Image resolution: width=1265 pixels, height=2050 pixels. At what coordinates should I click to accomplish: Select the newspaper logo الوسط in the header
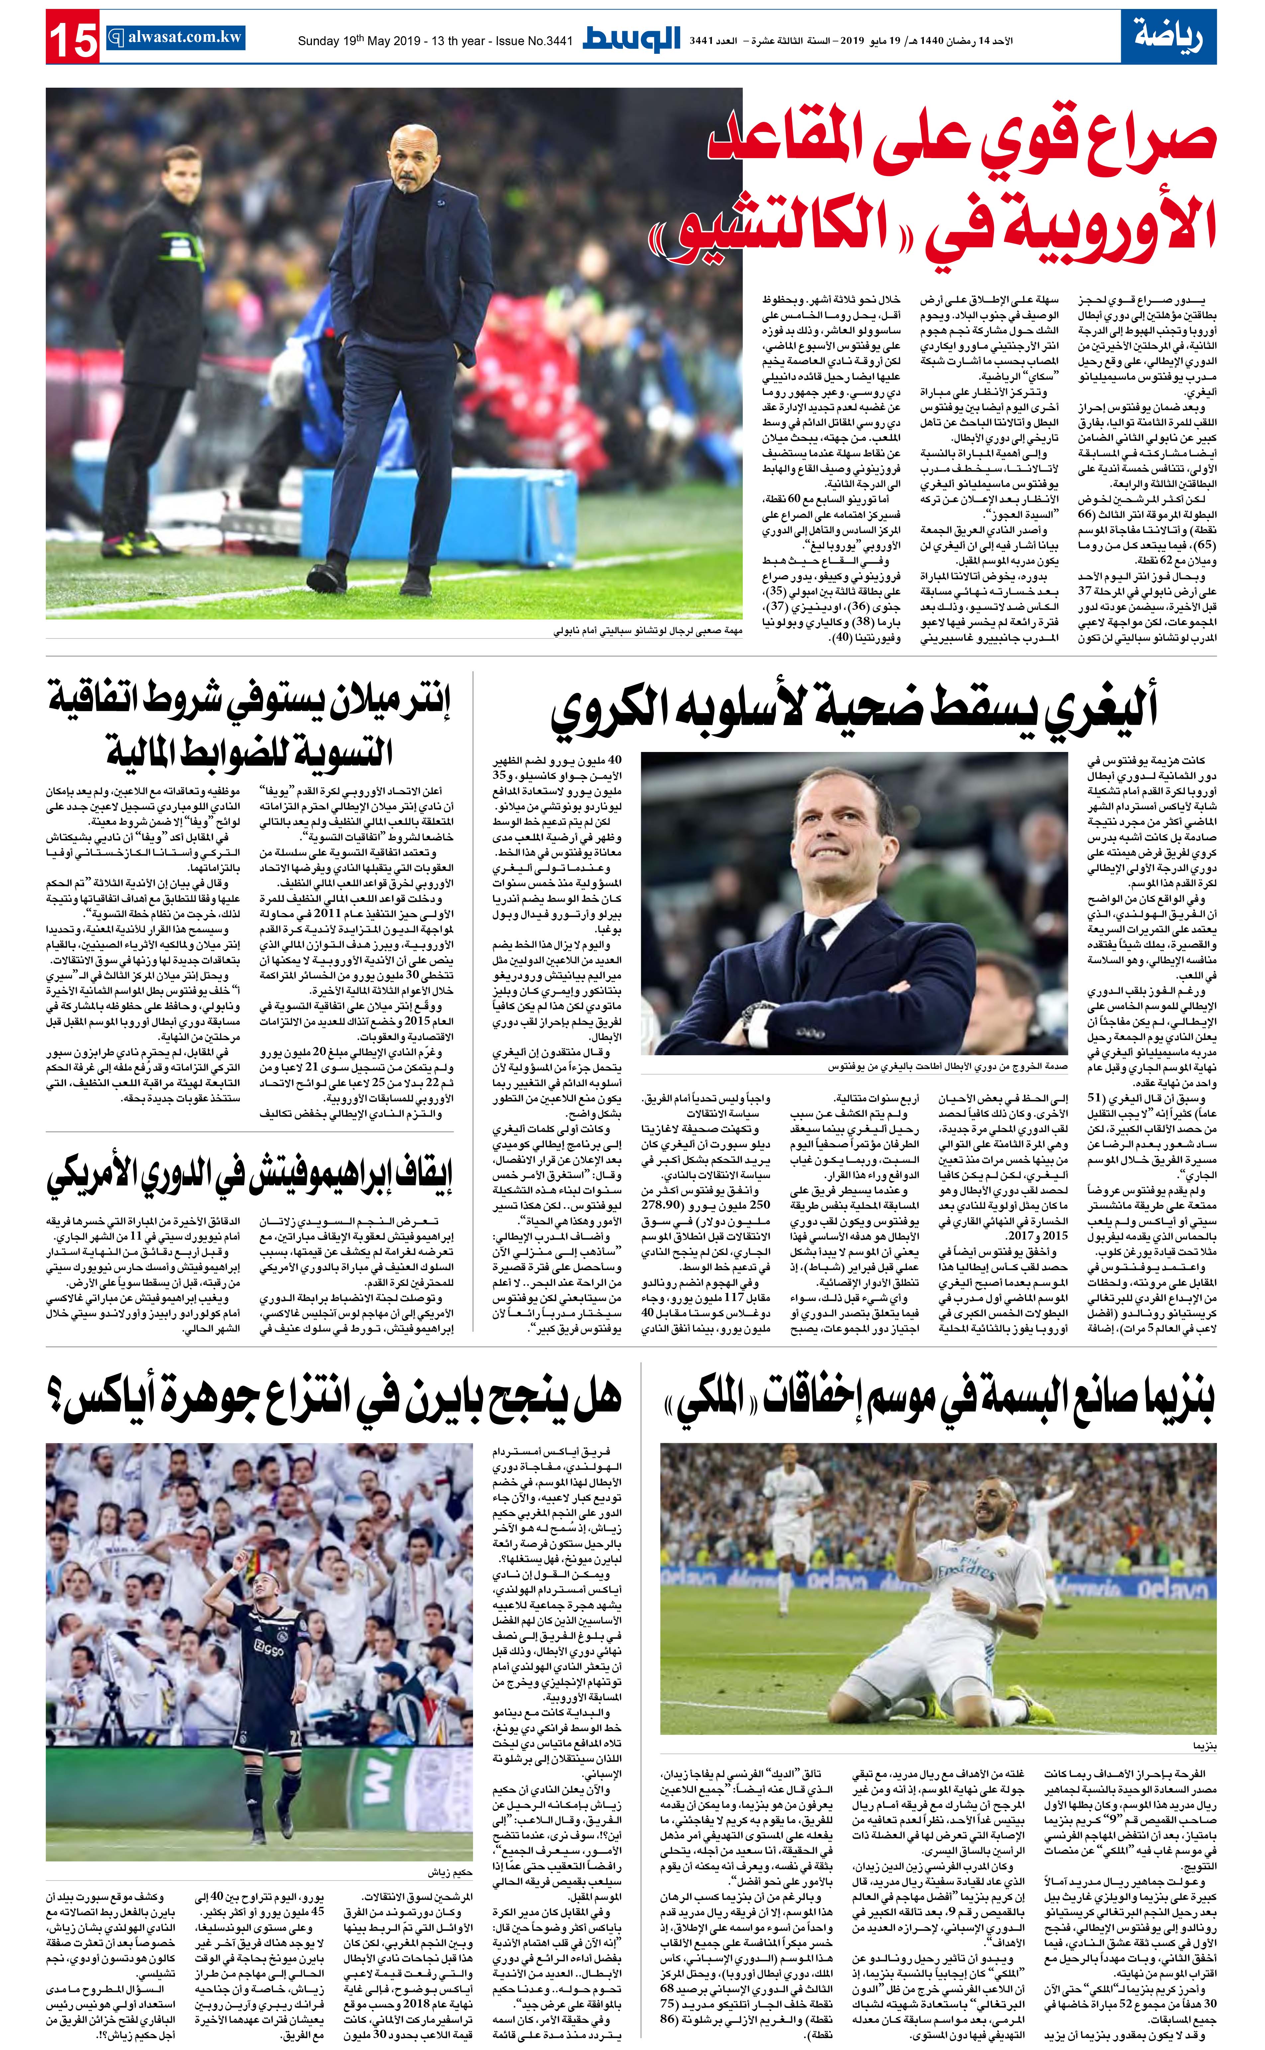coord(632,39)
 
